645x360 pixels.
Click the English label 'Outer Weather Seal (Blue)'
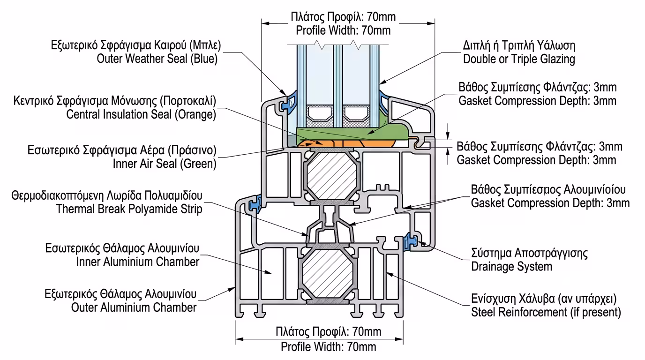pyautogui.click(x=157, y=59)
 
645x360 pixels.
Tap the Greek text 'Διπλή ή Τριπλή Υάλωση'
pyautogui.click(x=519, y=45)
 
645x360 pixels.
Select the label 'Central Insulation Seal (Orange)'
pyautogui.click(x=141, y=114)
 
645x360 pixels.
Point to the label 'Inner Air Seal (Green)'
pyautogui.click(x=164, y=164)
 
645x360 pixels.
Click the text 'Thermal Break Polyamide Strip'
pyautogui.click(x=129, y=209)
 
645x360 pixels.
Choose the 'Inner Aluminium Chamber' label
pyautogui.click(x=138, y=262)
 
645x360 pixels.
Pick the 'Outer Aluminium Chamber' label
pyautogui.click(x=134, y=307)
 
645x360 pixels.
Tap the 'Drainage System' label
pyautogui.click(x=511, y=267)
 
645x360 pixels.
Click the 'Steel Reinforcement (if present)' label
pyautogui.click(x=546, y=312)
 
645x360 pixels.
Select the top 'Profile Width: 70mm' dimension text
pyautogui.click(x=343, y=31)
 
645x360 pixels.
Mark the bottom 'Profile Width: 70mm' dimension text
pyautogui.click(x=328, y=347)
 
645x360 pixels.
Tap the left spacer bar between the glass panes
pyautogui.click(x=319, y=112)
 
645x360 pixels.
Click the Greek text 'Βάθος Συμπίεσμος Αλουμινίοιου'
pyautogui.click(x=548, y=190)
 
